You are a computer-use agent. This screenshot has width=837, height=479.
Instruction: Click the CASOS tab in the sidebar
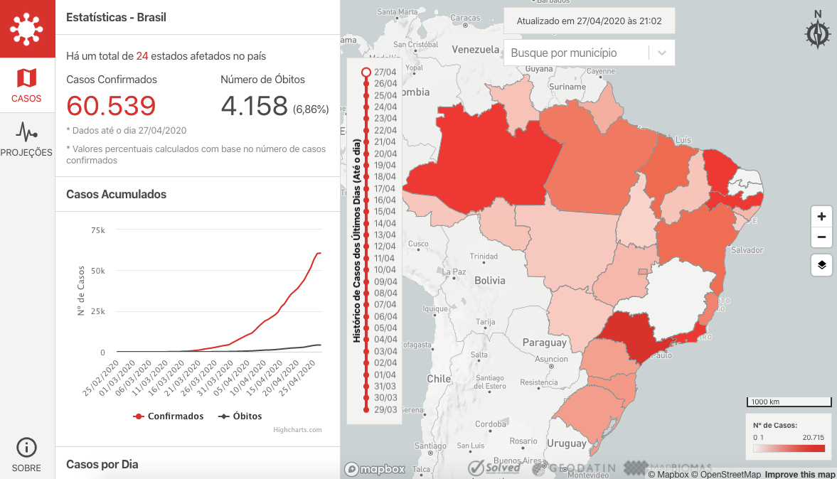point(27,85)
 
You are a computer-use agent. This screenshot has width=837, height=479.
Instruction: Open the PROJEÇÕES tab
point(27,139)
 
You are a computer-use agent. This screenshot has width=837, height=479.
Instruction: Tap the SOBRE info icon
point(26,448)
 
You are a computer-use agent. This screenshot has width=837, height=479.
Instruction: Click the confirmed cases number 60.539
point(111,106)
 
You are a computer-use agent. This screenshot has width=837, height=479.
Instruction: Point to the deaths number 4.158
point(254,106)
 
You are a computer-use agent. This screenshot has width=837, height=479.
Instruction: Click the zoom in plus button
point(821,217)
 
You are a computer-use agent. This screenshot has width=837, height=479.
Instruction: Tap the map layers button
point(821,265)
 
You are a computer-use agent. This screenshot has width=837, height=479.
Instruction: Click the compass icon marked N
point(818,33)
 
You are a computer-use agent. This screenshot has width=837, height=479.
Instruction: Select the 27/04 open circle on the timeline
point(366,72)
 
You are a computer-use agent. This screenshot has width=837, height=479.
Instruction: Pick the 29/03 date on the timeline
point(366,409)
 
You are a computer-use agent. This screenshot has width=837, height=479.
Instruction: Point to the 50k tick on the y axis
point(97,271)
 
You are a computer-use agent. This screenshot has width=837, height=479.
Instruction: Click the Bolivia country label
point(489,281)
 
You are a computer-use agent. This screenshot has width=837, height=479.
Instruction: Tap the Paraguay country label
point(544,343)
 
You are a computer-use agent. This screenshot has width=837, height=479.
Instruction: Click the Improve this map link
point(800,474)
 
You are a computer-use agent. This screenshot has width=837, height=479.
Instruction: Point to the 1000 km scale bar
point(786,402)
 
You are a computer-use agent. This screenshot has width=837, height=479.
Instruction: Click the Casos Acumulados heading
point(116,194)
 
